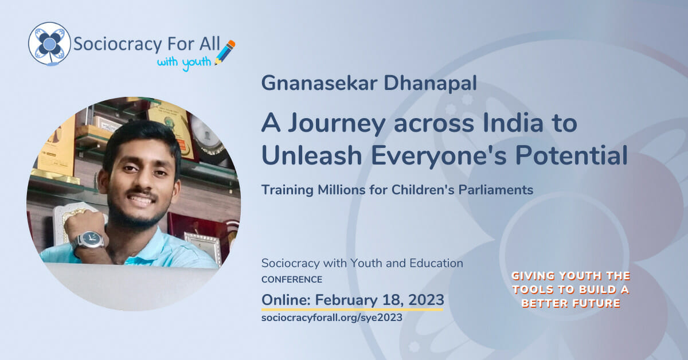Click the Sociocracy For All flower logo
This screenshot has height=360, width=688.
pyautogui.click(x=50, y=44)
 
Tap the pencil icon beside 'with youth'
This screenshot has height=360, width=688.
pyautogui.click(x=225, y=52)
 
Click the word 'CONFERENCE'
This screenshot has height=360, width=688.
pyautogui.click(x=291, y=280)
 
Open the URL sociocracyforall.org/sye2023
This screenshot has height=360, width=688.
pyautogui.click(x=331, y=317)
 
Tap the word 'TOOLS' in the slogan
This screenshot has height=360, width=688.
pyautogui.click(x=540, y=289)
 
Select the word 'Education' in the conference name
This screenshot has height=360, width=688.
pyautogui.click(x=436, y=264)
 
